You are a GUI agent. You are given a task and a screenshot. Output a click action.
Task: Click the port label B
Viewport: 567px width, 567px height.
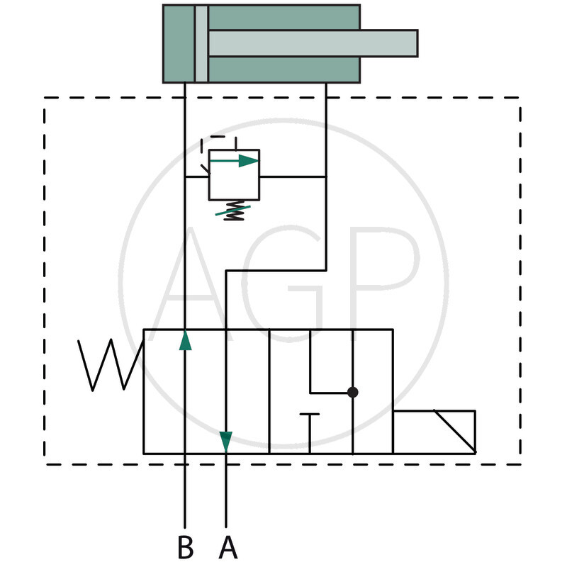185,547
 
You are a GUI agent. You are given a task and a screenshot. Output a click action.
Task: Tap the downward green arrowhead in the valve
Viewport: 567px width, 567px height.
226,441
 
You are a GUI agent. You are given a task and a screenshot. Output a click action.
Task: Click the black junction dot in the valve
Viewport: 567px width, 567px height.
353,392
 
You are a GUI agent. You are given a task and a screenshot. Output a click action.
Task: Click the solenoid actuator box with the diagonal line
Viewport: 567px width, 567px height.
434,431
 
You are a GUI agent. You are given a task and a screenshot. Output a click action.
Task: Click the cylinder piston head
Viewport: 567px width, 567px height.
201,44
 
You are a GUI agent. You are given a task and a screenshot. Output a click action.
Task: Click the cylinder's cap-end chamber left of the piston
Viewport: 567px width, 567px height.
179,44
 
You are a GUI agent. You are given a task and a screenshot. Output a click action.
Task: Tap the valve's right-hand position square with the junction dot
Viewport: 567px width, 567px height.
330,391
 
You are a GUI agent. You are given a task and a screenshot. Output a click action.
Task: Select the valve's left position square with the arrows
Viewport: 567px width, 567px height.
206,391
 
